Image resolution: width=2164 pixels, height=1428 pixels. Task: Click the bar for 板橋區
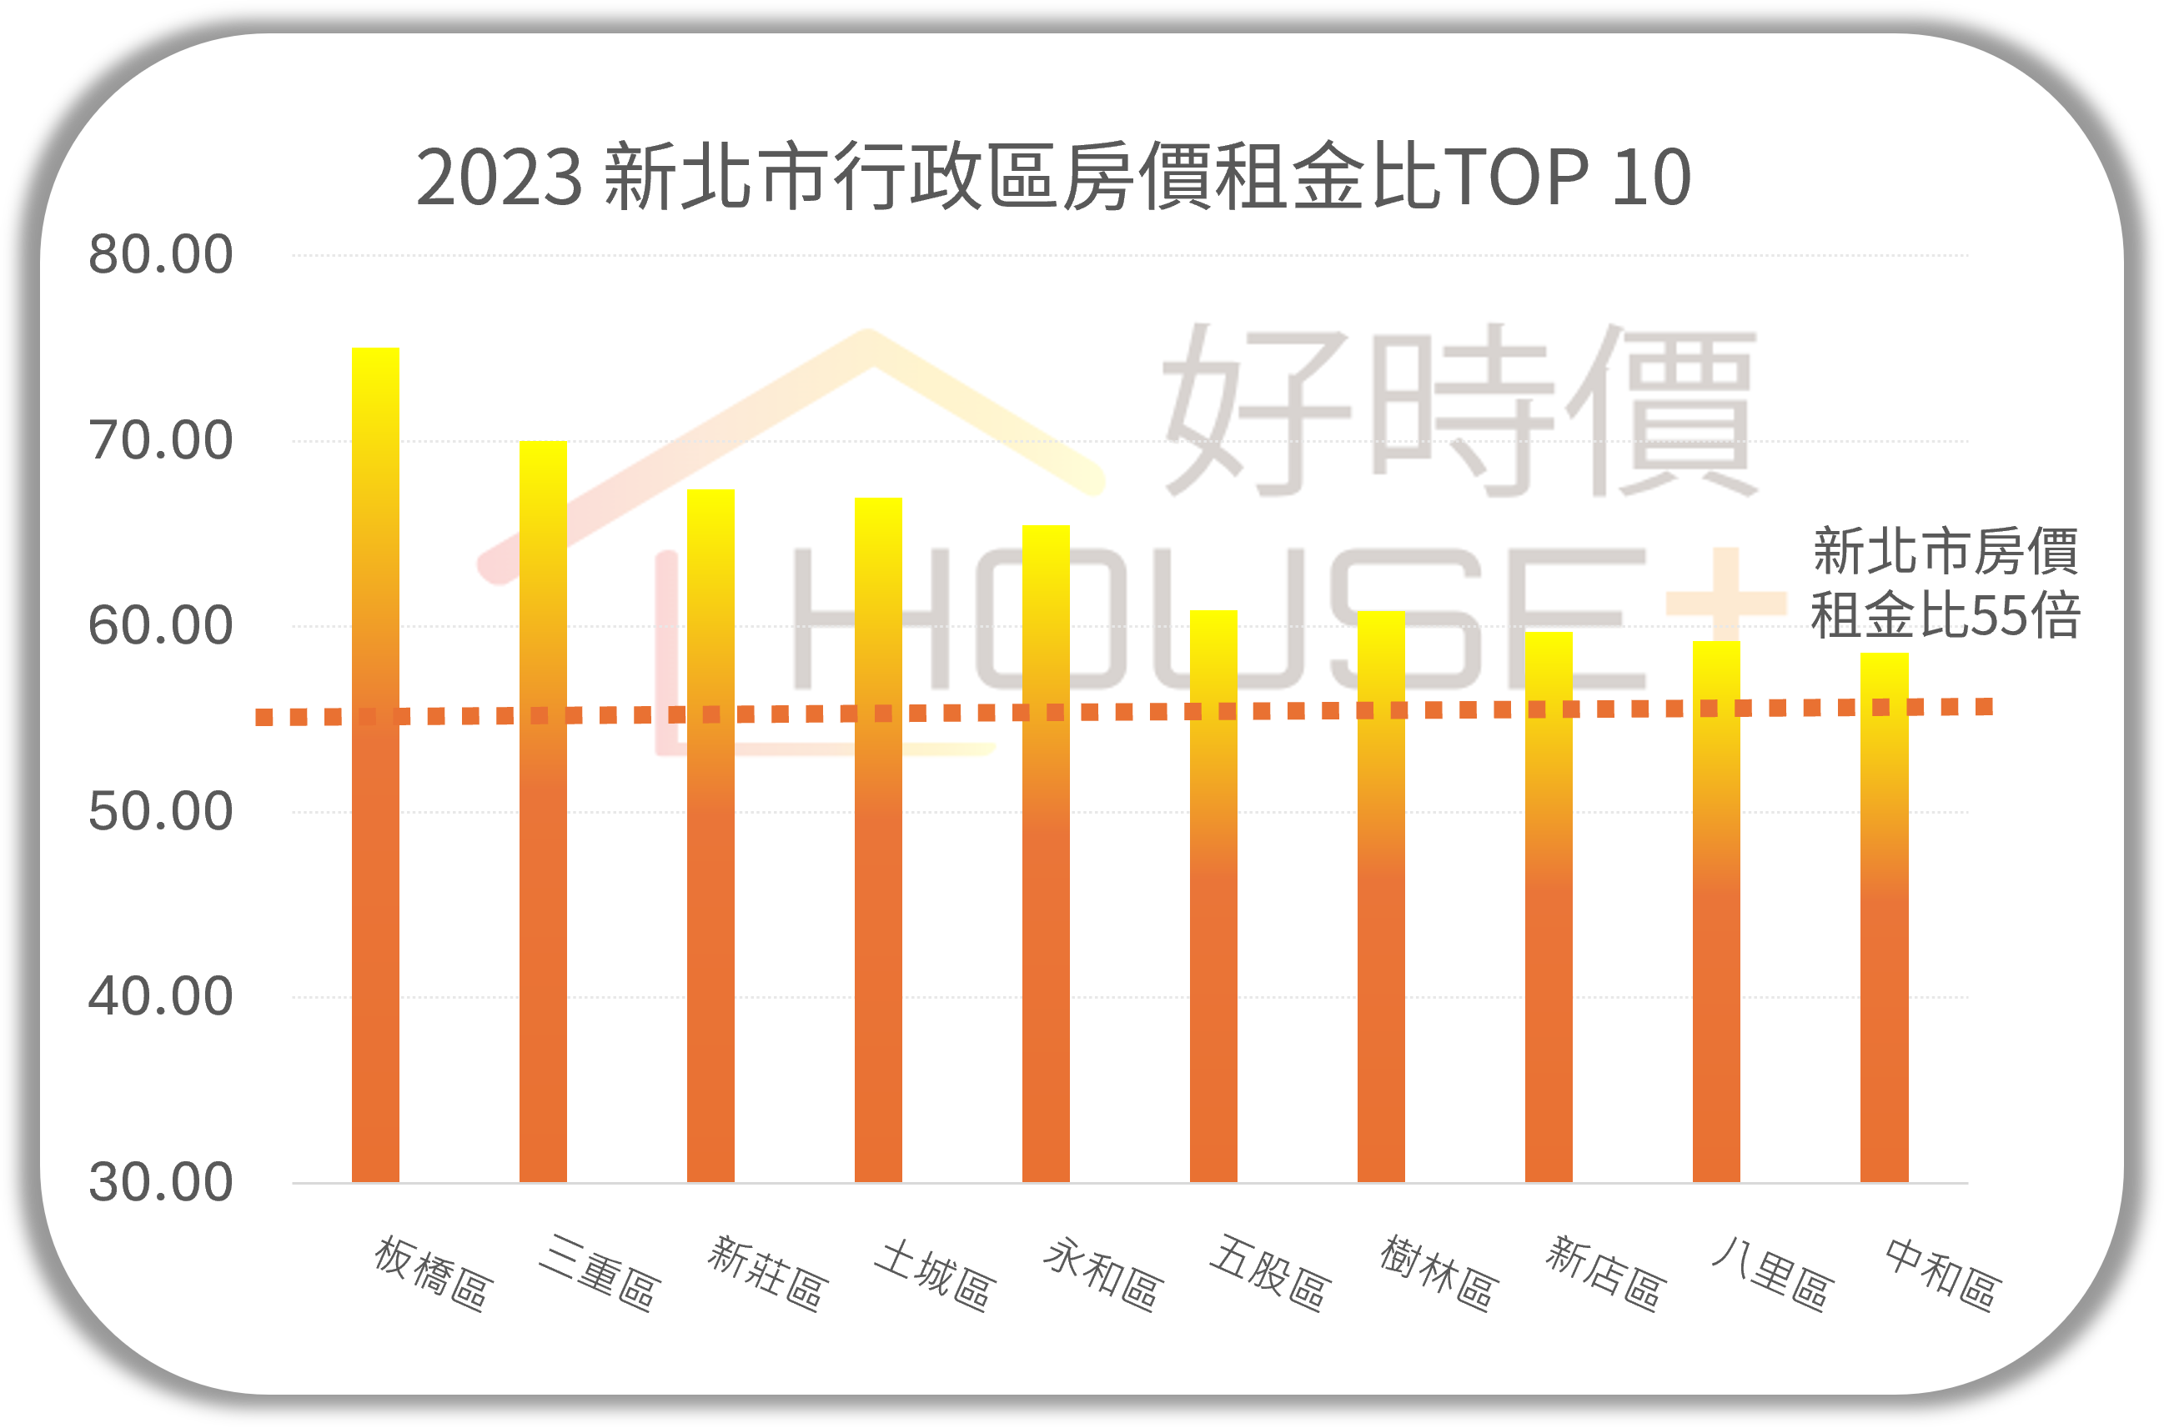tap(375, 765)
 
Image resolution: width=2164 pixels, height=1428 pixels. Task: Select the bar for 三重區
tap(543, 810)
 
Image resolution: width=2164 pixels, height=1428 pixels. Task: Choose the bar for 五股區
tap(1213, 896)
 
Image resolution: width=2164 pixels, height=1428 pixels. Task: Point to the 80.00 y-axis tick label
tap(160, 254)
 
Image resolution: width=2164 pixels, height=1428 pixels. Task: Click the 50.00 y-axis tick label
tap(160, 811)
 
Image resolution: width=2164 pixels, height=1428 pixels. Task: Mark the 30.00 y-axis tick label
tap(160, 1182)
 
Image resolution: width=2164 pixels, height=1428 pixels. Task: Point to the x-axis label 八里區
tap(1772, 1273)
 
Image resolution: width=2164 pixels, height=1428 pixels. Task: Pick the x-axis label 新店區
tap(1605, 1273)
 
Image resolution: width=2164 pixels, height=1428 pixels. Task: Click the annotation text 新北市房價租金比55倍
tap(1946, 583)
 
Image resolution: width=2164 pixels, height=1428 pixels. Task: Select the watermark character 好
tap(1257, 410)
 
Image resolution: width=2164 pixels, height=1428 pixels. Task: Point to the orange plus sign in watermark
tap(1725, 601)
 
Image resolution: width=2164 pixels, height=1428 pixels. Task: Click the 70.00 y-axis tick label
tap(160, 441)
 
